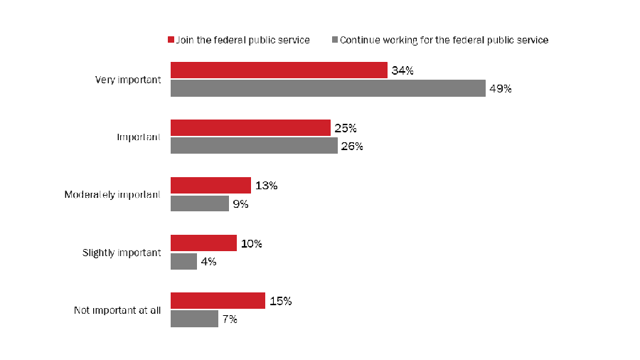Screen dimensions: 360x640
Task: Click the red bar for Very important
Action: tap(279, 70)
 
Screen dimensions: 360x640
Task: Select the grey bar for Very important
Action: tap(328, 89)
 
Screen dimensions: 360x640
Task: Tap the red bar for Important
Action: tap(250, 128)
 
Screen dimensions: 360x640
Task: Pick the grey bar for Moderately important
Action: tap(200, 203)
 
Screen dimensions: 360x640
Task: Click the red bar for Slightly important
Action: tap(203, 243)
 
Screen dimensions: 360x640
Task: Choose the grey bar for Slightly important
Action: tap(183, 261)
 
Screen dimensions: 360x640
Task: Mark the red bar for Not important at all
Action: tap(218, 301)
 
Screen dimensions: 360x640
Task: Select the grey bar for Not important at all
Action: tap(194, 319)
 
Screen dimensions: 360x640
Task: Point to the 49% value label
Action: tap(500, 89)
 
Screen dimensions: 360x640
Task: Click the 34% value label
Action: tap(402, 70)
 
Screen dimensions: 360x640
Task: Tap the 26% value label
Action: tap(352, 147)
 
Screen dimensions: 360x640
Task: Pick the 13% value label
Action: tap(265, 186)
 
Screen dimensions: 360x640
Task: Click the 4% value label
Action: tap(208, 262)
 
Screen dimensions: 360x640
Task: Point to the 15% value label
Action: tap(280, 301)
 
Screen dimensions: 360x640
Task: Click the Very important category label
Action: tap(129, 80)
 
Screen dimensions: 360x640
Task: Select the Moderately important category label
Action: tap(112, 194)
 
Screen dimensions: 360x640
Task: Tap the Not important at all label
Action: tap(118, 310)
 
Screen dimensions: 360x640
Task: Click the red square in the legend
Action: tap(171, 41)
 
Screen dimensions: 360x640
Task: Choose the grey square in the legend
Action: tap(335, 41)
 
